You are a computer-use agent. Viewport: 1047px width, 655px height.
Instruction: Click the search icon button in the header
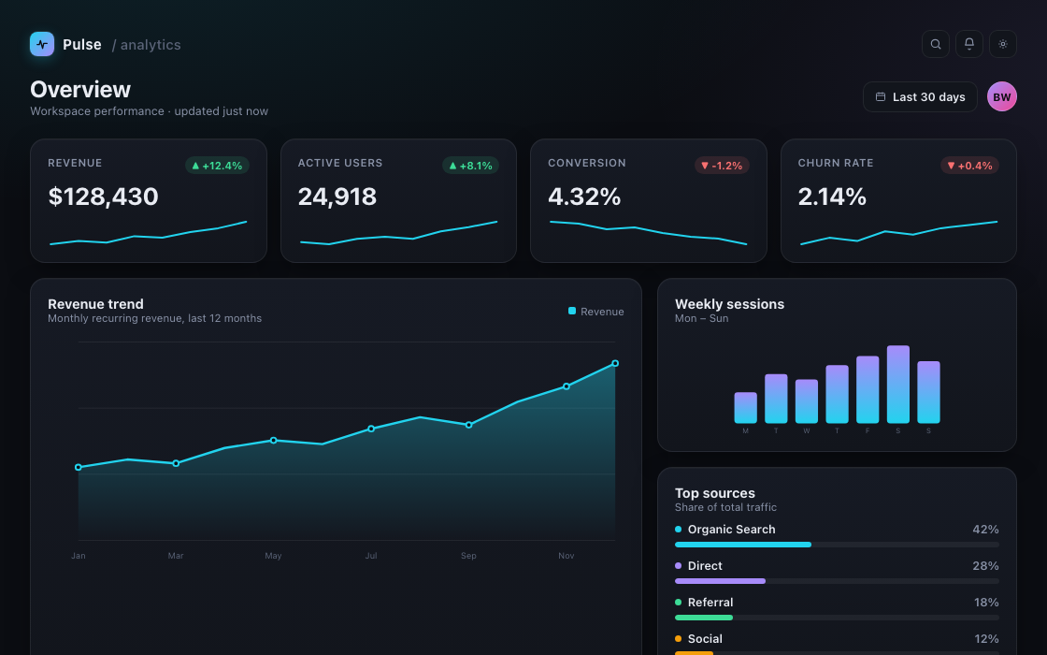936,44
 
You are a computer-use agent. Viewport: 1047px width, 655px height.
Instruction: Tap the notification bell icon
968,44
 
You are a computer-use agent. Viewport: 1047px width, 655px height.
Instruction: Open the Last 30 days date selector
920,97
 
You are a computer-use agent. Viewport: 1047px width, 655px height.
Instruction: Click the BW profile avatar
1001,97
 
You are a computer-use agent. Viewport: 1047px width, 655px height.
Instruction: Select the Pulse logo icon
42,44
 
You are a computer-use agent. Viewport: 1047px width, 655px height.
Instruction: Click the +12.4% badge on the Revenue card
217,166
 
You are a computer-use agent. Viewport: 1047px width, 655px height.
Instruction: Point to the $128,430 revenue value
103,196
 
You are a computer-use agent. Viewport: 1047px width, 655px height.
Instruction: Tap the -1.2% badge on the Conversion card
722,166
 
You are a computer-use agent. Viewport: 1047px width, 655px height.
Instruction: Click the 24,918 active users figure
337,196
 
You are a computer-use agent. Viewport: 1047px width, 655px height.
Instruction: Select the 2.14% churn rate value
832,196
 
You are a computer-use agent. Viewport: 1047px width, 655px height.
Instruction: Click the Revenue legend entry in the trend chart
596,312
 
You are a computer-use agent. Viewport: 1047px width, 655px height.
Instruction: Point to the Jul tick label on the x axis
370,556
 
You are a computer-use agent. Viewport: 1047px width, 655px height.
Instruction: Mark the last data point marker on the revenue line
615,364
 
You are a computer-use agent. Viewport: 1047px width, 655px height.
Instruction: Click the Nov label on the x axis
567,556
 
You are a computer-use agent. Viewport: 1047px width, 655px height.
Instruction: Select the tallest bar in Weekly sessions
898,385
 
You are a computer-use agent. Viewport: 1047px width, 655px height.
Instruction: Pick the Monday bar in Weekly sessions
745,408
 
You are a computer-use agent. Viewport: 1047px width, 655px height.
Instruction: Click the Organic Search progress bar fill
743,545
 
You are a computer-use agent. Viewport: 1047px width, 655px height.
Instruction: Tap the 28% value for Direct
985,566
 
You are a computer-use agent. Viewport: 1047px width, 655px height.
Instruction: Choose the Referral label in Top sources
710,603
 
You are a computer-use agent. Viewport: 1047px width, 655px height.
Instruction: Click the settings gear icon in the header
1003,44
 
